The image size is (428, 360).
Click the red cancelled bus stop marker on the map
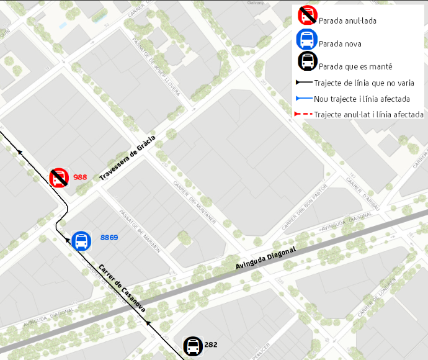[x=59, y=178]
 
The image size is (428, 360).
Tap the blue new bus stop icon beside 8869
[x=81, y=241]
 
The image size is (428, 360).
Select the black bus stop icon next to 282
[x=193, y=346]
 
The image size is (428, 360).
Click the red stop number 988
[x=80, y=177]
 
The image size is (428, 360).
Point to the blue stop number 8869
[x=109, y=237]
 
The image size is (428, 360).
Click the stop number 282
[x=211, y=344]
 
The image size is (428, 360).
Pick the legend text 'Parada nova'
[x=340, y=43]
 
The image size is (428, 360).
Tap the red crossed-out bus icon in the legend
[x=307, y=16]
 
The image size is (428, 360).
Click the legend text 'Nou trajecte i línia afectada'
[x=362, y=99]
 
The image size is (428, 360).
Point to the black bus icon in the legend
[x=307, y=61]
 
